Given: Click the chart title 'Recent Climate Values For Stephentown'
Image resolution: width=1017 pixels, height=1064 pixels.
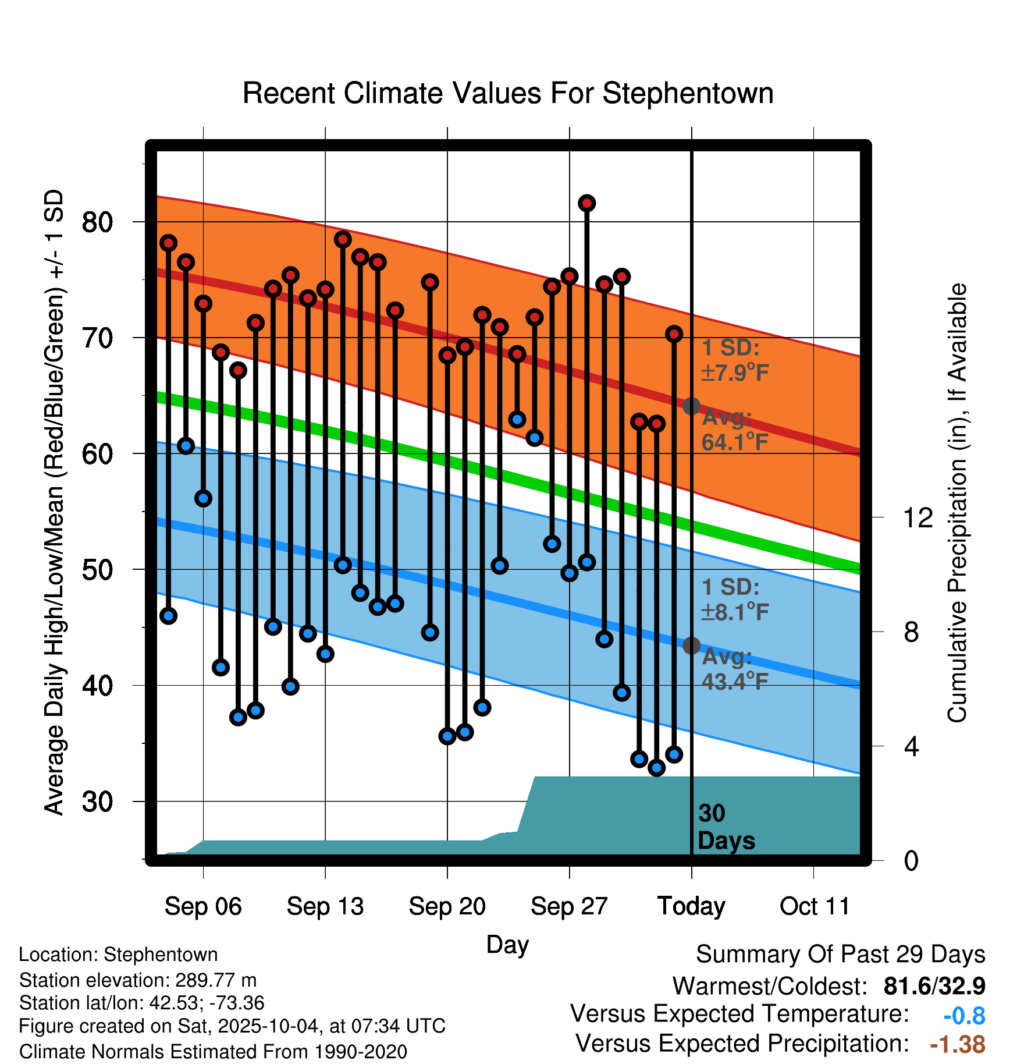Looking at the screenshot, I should [508, 93].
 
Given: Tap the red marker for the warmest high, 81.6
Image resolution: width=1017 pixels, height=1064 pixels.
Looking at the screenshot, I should [586, 203].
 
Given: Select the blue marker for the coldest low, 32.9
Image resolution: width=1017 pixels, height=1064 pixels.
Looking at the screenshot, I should [657, 768].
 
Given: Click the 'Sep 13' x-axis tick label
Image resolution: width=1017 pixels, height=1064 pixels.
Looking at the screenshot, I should [325, 906].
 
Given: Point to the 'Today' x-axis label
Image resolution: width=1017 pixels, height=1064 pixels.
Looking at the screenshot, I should [691, 906].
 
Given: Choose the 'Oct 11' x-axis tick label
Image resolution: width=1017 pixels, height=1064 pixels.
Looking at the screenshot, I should [815, 906].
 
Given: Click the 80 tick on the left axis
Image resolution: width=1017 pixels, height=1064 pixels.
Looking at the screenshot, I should [97, 222].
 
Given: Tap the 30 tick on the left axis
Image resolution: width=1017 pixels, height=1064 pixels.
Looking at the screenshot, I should [97, 802].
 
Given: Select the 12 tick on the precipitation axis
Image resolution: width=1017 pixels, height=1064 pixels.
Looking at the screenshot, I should [918, 517].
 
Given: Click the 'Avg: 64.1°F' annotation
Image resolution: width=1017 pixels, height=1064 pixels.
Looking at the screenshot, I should [735, 430].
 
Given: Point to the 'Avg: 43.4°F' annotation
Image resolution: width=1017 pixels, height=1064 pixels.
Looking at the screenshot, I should [735, 669].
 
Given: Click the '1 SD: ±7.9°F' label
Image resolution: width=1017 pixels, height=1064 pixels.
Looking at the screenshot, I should [735, 360].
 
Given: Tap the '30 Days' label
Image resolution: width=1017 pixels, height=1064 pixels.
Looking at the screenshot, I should [726, 827].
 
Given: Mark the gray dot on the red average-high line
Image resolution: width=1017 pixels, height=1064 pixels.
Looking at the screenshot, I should [691, 406].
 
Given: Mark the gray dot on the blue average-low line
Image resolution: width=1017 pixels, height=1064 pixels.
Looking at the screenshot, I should [691, 646].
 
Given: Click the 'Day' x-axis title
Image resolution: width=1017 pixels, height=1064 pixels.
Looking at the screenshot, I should [507, 944].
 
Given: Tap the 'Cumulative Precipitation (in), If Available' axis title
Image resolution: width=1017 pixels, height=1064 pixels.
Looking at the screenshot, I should [957, 503].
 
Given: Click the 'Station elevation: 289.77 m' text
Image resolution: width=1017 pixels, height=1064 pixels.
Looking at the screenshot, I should [138, 980].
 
